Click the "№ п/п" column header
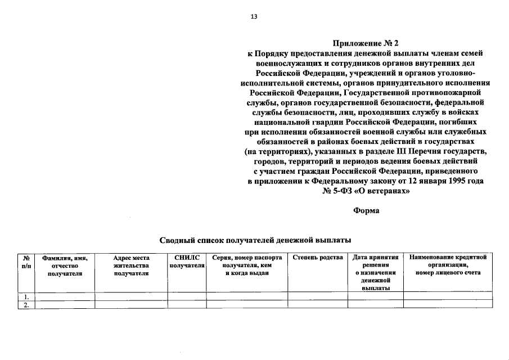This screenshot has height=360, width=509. (26, 261)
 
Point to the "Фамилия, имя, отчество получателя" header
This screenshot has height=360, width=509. (66, 265)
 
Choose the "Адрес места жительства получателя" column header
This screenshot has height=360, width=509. (131, 265)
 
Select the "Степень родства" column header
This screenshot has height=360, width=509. (318, 258)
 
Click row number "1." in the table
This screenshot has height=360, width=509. (25, 296)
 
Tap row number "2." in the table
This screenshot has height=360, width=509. (25, 304)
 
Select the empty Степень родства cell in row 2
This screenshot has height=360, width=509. (318, 304)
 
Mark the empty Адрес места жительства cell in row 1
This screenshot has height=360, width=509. (131, 296)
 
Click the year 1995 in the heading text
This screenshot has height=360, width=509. (453, 181)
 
